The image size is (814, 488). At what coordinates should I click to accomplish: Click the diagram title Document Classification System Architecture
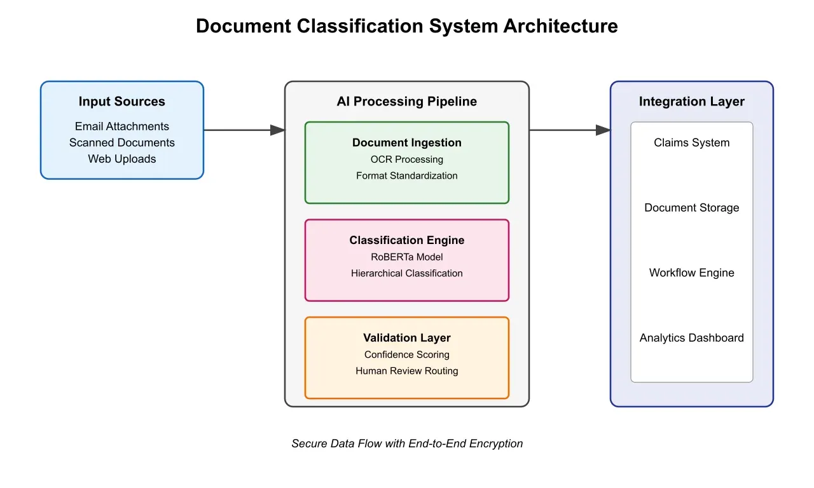[x=406, y=26]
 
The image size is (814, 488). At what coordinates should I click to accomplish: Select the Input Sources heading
[x=121, y=102]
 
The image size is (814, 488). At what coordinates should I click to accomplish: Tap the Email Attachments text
[x=121, y=126]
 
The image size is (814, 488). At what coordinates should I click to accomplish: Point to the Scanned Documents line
[x=121, y=143]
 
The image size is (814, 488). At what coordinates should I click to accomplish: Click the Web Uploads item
[x=121, y=159]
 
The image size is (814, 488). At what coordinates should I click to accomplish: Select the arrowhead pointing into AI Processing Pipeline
[x=277, y=130]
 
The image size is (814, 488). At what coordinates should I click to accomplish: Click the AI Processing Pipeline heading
[x=406, y=102]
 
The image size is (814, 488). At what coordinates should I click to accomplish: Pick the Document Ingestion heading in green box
[x=406, y=143]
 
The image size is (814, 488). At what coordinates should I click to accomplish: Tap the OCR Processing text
[x=406, y=159]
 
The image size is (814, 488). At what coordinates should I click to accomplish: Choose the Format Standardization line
[x=406, y=175]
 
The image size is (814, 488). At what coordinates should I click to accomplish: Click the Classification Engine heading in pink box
[x=406, y=240]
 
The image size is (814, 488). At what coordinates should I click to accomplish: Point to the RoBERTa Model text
[x=406, y=257]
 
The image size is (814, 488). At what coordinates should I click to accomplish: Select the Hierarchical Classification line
[x=406, y=273]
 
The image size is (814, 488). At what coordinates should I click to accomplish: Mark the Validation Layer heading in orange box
[x=406, y=338]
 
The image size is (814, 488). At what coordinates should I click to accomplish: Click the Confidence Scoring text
[x=406, y=355]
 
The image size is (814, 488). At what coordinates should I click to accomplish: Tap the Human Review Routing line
[x=406, y=370]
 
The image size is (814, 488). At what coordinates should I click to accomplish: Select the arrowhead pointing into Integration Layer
[x=603, y=130]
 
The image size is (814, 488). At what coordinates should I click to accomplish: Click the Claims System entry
[x=691, y=143]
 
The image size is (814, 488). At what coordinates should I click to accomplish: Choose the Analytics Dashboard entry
[x=691, y=338]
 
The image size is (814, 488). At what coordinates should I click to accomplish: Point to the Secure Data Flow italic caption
[x=407, y=444]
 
